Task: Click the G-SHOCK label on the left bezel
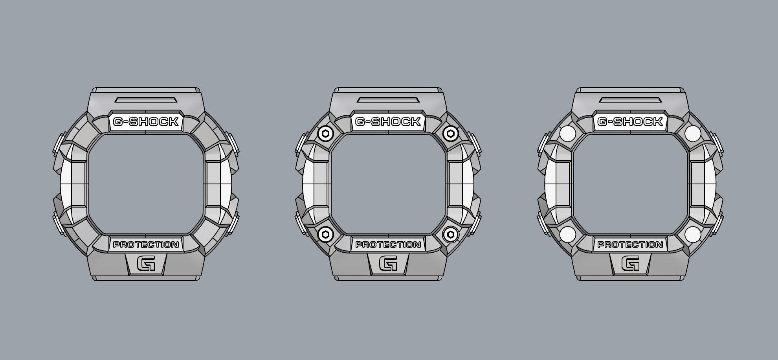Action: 146,122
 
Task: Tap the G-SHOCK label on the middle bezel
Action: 388,122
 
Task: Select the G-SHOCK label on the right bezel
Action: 630,122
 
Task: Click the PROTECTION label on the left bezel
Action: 146,244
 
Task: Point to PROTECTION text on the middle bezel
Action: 388,244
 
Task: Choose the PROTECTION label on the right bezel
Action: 630,244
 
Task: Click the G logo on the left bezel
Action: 146,263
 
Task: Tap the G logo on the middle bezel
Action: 388,263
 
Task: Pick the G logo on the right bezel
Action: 630,263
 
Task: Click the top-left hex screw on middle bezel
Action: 325,134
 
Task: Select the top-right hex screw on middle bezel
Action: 450,134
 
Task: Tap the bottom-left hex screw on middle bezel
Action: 325,235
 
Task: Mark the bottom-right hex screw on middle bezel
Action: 450,235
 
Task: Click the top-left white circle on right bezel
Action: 567,134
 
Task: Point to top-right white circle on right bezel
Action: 692,134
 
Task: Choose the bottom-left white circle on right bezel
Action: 567,235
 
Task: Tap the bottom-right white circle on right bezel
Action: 692,235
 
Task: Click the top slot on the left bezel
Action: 146,100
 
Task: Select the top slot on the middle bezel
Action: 388,100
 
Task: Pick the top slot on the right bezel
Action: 630,100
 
